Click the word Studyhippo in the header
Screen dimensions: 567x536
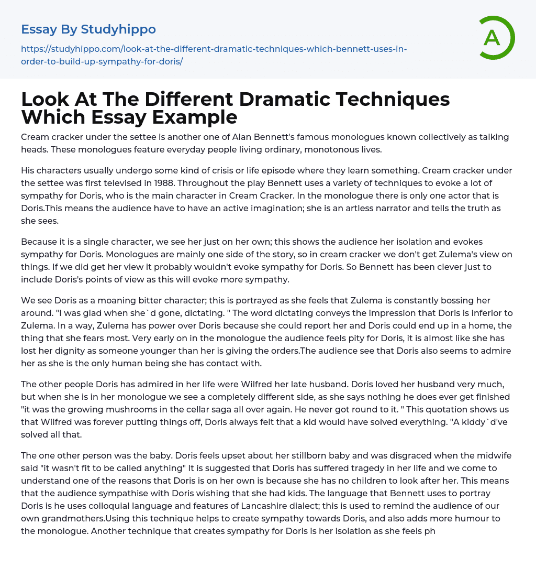coord(118,29)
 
